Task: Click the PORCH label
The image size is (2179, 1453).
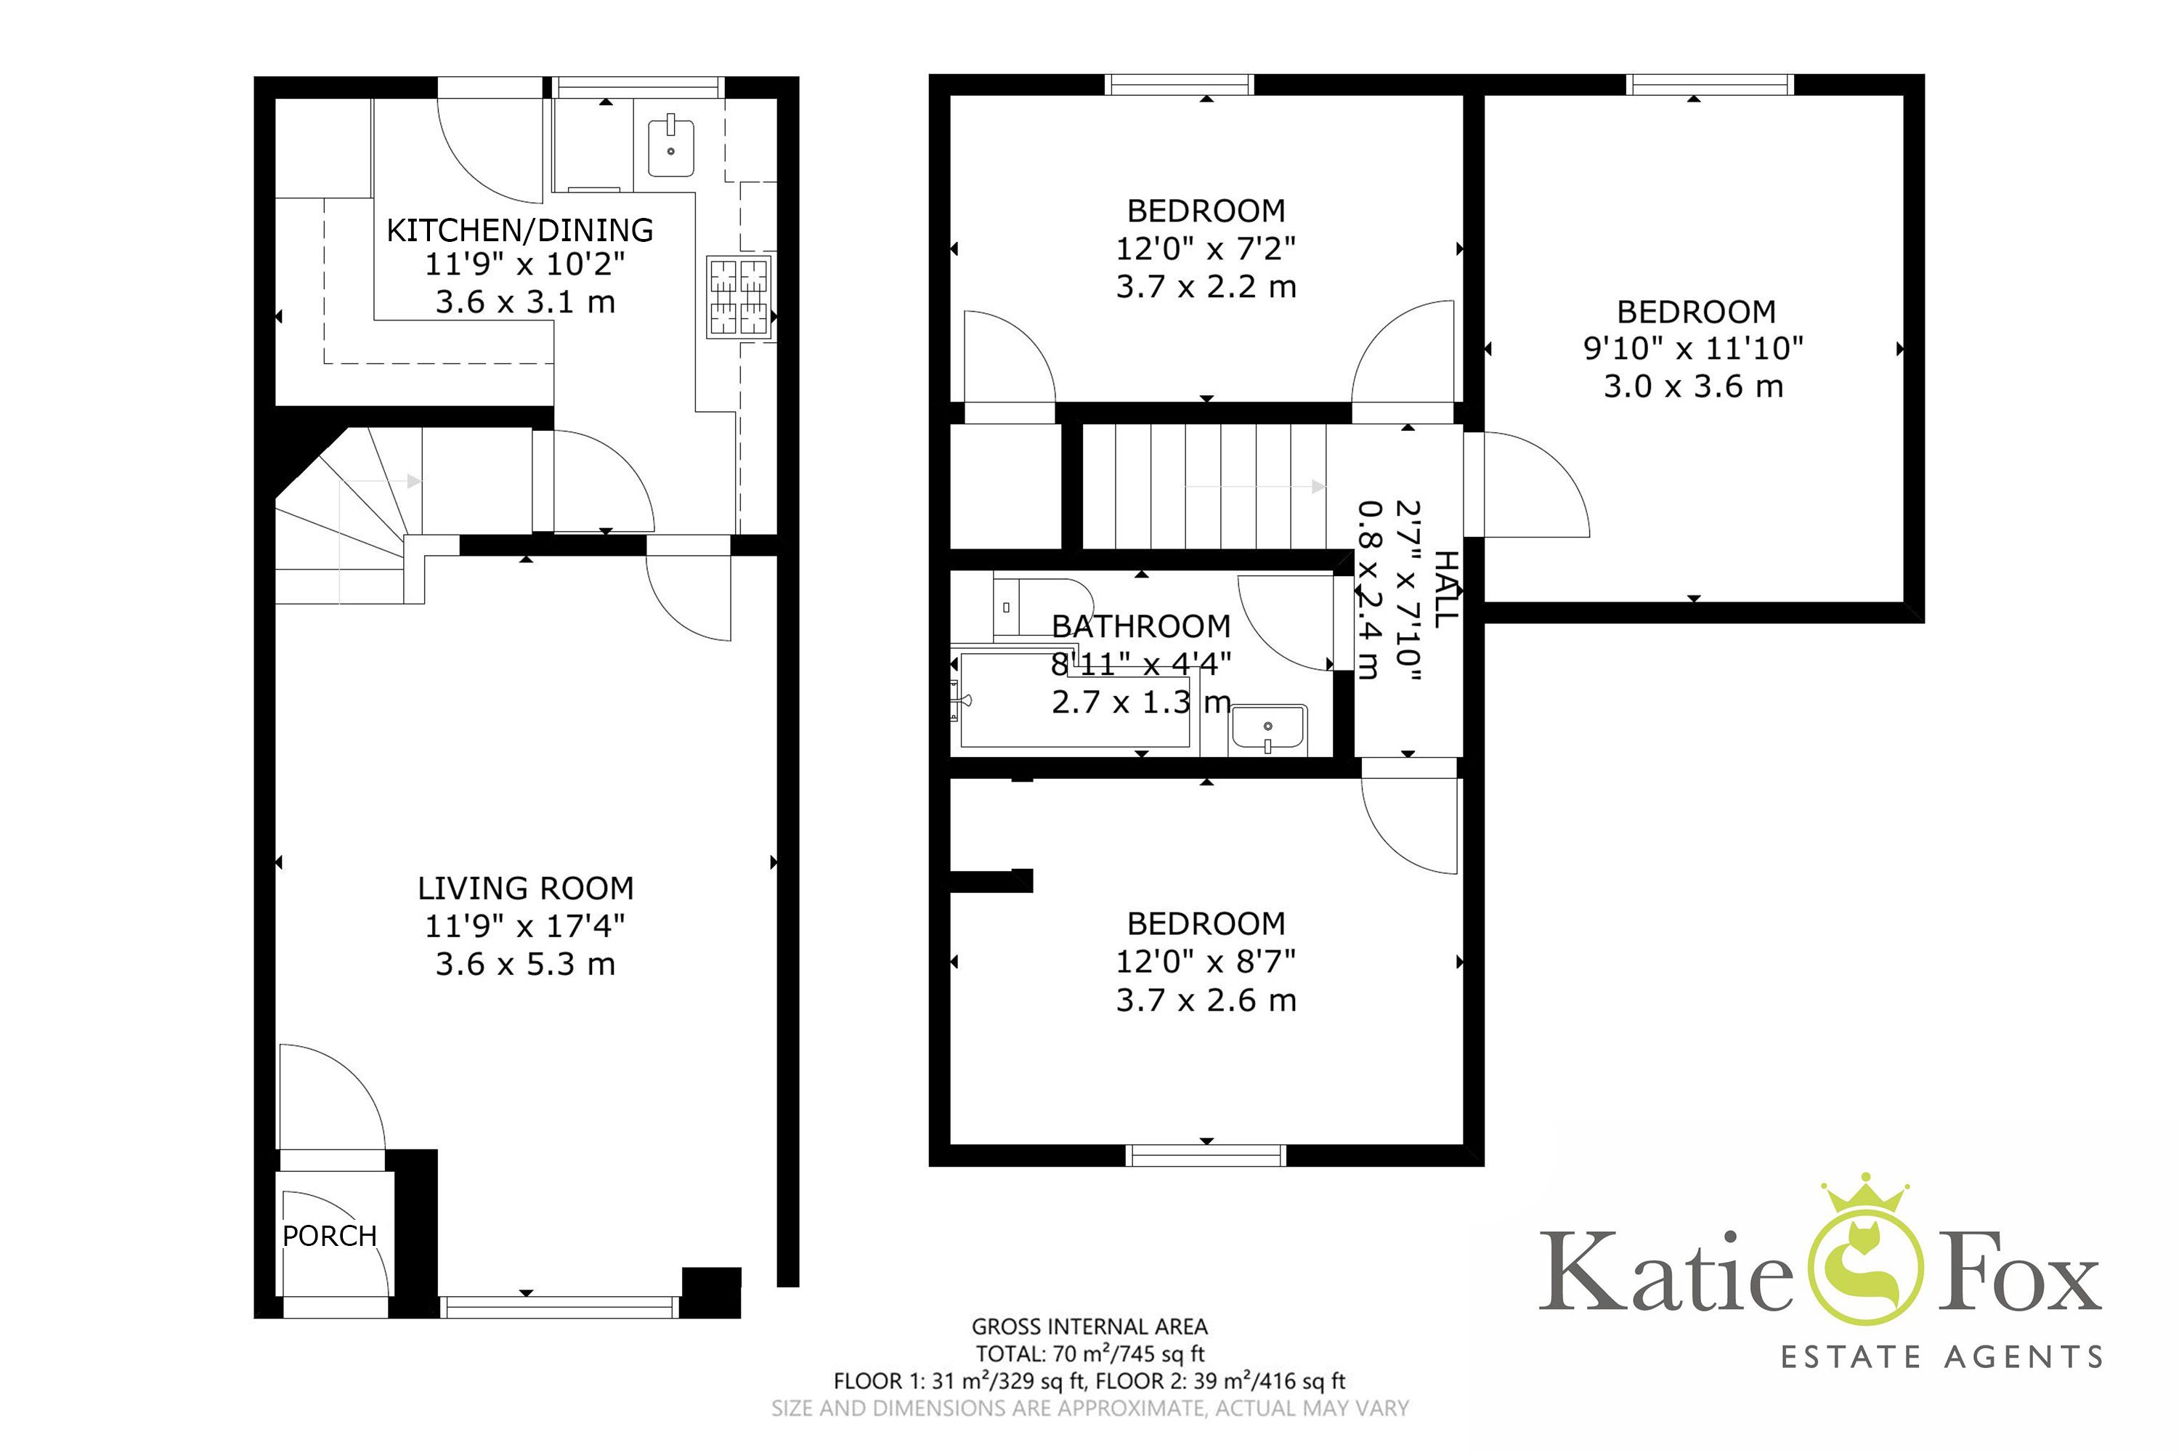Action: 330,1237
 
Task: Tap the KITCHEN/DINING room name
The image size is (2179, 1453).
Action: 520,230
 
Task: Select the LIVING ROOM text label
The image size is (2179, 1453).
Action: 525,889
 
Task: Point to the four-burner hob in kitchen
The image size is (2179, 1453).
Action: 739,296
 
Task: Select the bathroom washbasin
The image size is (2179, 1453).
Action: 1268,729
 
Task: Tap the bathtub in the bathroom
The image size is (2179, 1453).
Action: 1075,700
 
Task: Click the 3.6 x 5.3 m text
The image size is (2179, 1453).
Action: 525,964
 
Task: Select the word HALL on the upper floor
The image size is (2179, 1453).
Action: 1446,589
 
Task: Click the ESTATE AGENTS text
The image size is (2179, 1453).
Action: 1941,1358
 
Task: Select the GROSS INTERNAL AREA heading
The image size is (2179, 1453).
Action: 1089,1327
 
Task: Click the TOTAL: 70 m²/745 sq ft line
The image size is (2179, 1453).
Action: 1089,1354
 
